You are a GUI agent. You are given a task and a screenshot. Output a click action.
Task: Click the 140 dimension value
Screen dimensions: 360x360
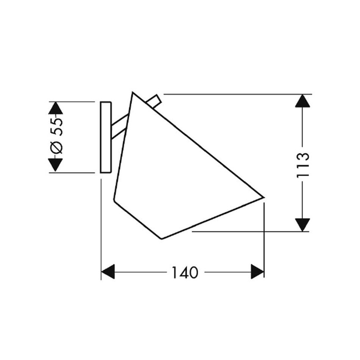coord(185,272)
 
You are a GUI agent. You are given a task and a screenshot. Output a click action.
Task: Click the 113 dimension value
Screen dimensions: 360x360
coord(303,165)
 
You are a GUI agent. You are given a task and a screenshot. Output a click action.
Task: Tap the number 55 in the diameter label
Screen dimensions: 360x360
coord(56,127)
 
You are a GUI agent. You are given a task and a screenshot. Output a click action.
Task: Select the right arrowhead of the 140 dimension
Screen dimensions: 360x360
coord(258,271)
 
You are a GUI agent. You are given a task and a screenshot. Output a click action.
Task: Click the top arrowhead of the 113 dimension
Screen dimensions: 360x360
coord(302,101)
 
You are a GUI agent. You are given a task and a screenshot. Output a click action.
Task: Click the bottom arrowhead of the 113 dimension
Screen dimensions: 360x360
coord(302,225)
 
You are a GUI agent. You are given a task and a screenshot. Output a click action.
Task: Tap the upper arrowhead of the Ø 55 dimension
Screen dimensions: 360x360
coord(55,108)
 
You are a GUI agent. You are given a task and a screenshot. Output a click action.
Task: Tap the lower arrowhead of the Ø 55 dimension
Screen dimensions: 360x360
coord(55,165)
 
